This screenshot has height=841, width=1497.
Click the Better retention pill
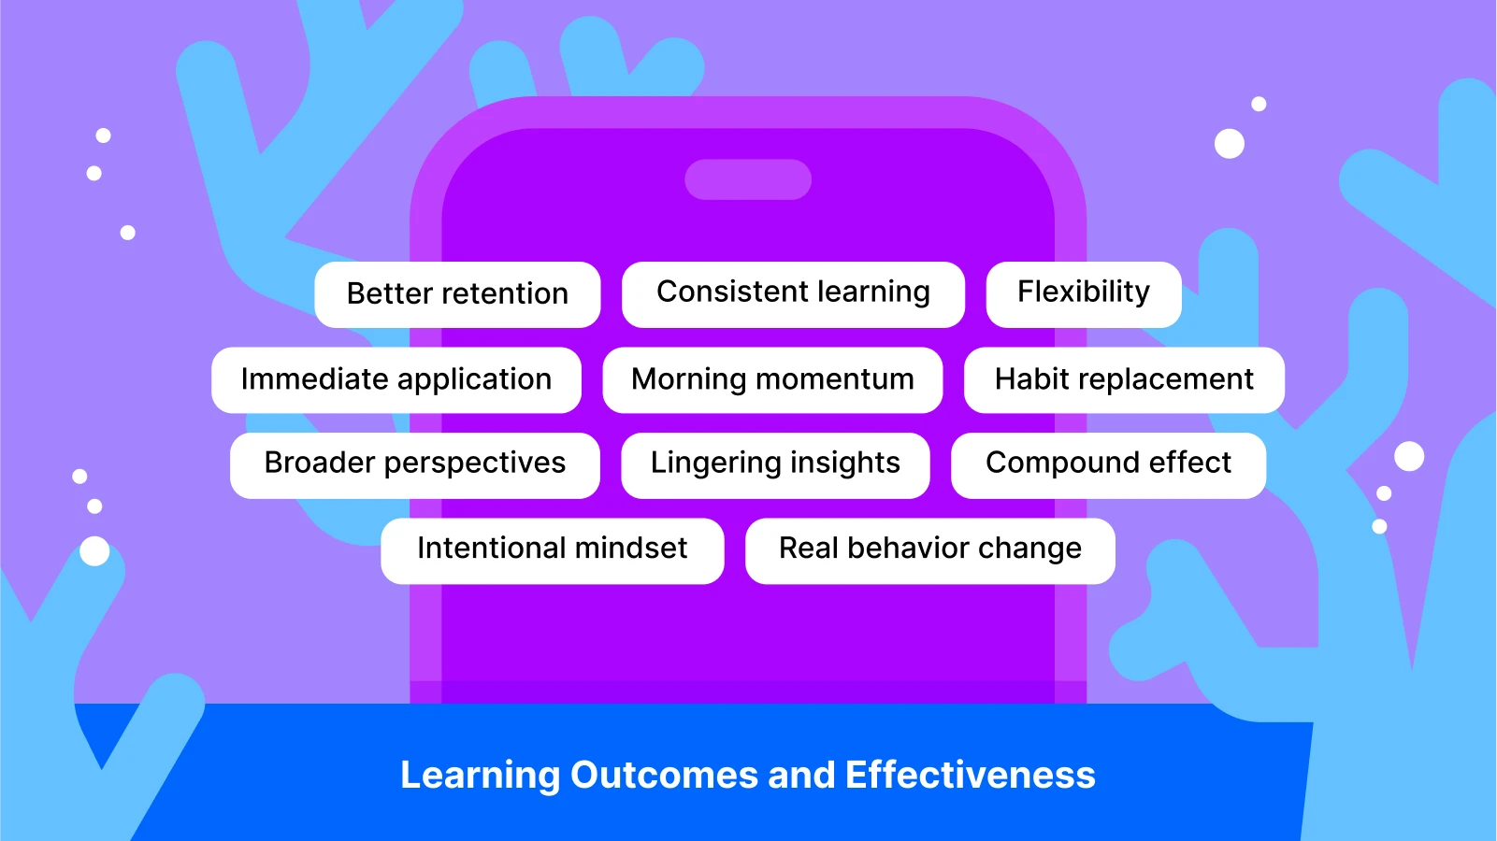pos(457,294)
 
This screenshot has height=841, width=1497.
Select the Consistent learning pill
pos(793,294)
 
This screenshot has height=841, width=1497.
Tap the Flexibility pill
pos(1084,294)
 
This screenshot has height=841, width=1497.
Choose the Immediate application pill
pos(396,380)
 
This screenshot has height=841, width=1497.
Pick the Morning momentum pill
pos(772,380)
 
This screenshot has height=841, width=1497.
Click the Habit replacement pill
pos(1124,380)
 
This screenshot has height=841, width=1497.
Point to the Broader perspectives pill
pos(415,465)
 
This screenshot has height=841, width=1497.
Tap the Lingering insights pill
pos(775,465)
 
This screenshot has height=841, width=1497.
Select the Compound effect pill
pos(1109,465)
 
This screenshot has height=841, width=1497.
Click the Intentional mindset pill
pos(552,551)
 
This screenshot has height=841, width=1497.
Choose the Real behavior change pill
pos(930,551)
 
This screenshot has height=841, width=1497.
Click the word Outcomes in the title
pos(664,775)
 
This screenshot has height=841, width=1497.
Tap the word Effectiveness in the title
pos(971,775)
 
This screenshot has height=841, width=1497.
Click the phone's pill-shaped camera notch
pos(748,179)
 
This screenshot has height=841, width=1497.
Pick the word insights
pos(845,463)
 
